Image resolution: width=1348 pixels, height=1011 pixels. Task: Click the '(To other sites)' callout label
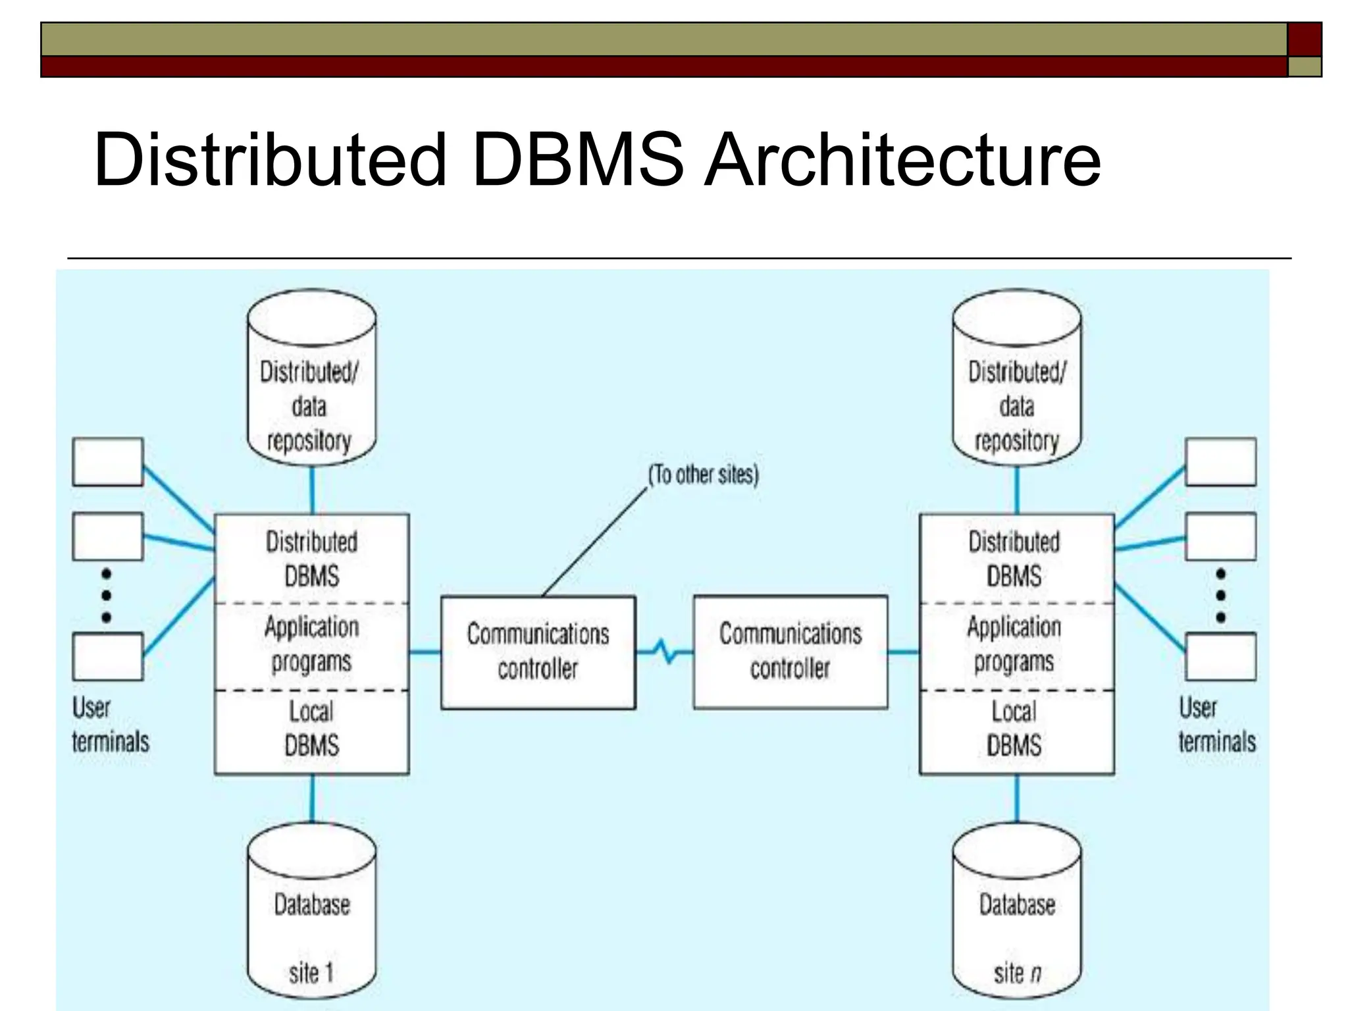pyautogui.click(x=703, y=475)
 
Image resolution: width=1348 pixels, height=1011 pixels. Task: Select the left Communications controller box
pyautogui.click(x=538, y=652)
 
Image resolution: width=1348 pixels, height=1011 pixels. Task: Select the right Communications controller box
pyautogui.click(x=790, y=652)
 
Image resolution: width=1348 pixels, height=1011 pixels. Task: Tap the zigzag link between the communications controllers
pyautogui.click(x=665, y=652)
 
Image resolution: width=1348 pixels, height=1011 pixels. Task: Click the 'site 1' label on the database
pyautogui.click(x=311, y=973)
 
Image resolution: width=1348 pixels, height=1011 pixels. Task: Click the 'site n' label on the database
pyautogui.click(x=1017, y=973)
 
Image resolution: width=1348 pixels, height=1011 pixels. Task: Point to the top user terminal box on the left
pyautogui.click(x=107, y=462)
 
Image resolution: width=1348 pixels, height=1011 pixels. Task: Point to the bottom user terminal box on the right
pyautogui.click(x=1220, y=656)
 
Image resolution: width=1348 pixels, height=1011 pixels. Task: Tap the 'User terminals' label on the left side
pyautogui.click(x=110, y=725)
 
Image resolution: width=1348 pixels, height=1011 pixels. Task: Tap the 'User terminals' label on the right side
pyautogui.click(x=1216, y=725)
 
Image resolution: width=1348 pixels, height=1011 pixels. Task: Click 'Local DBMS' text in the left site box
pyautogui.click(x=311, y=729)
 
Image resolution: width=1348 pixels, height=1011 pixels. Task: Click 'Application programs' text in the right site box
pyautogui.click(x=1014, y=644)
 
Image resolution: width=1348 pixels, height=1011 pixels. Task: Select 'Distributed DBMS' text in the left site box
pyautogui.click(x=311, y=559)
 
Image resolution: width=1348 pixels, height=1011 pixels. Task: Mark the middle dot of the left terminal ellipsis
pyautogui.click(x=107, y=596)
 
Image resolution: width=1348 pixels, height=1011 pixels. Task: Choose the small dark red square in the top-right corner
pyautogui.click(x=1304, y=39)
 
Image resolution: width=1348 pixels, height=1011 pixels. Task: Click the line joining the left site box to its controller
pyautogui.click(x=425, y=652)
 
